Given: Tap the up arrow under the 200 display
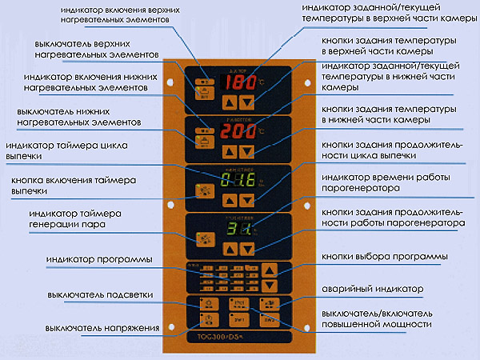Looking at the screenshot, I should point(230,151).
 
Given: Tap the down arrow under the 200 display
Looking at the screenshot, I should point(248,151).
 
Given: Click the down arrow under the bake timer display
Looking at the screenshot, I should point(248,199).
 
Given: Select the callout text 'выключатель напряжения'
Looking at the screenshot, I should point(96,329).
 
